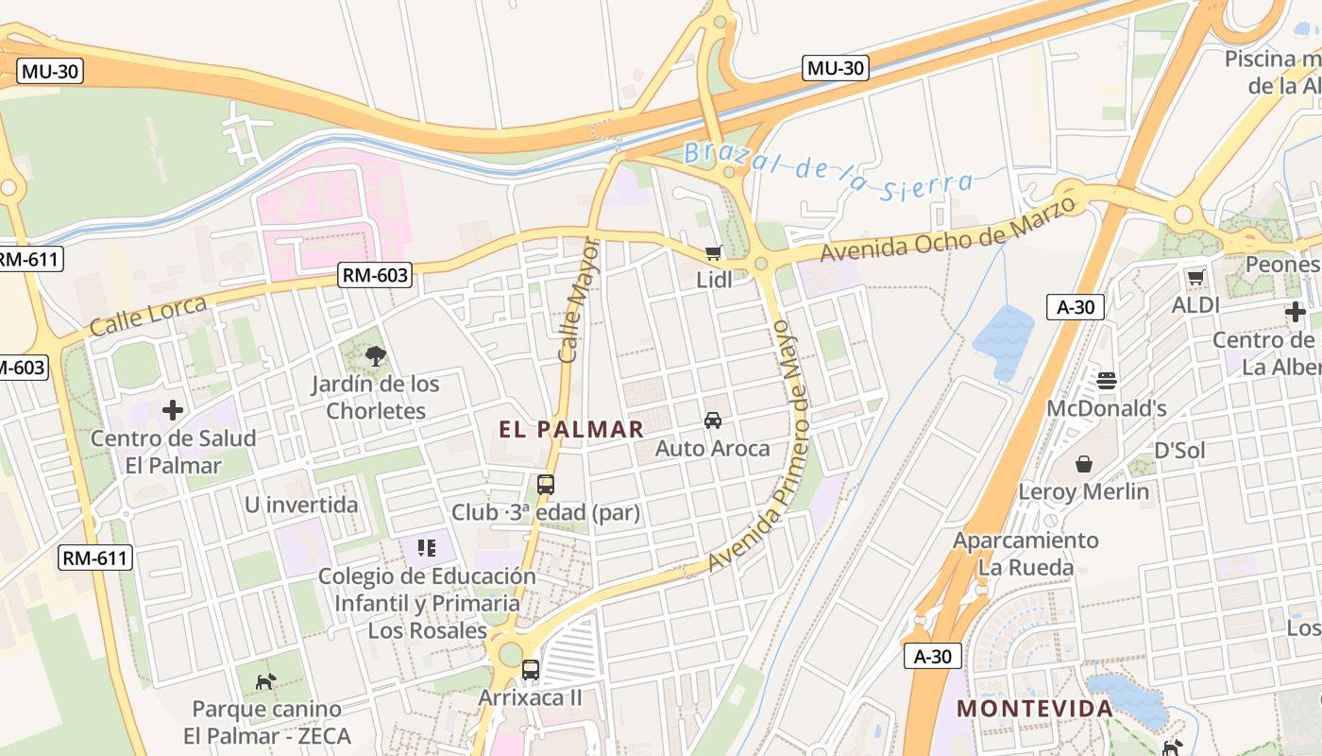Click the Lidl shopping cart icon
pos(713,253)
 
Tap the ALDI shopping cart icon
pos(1196,278)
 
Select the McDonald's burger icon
pos(1107,381)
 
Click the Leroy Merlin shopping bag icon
pos(1084,464)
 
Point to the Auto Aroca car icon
pos(713,421)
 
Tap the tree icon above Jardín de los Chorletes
pos(376,356)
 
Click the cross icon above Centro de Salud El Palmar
pos(173,410)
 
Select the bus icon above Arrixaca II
pos(531,670)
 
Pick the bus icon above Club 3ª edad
pos(546,485)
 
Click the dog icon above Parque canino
pos(266,680)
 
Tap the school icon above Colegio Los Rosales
pos(427,547)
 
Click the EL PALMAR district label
pos(571,429)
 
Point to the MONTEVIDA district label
pos(1035,709)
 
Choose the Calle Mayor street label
pos(579,301)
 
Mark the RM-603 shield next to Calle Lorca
pos(375,276)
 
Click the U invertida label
pos(301,505)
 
